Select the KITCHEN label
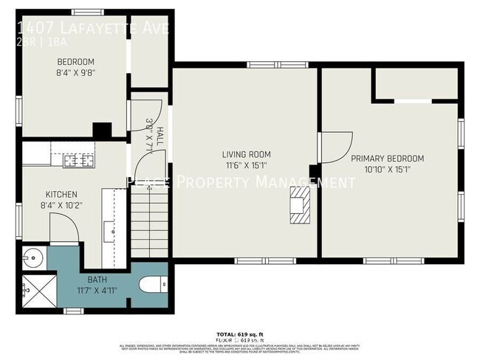click(x=57, y=195)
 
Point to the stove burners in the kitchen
click(x=78, y=159)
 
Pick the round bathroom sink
click(x=33, y=258)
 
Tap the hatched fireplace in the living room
click(x=298, y=204)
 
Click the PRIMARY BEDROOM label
click(x=387, y=158)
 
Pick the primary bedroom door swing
click(x=334, y=148)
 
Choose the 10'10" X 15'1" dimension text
click(x=387, y=169)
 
